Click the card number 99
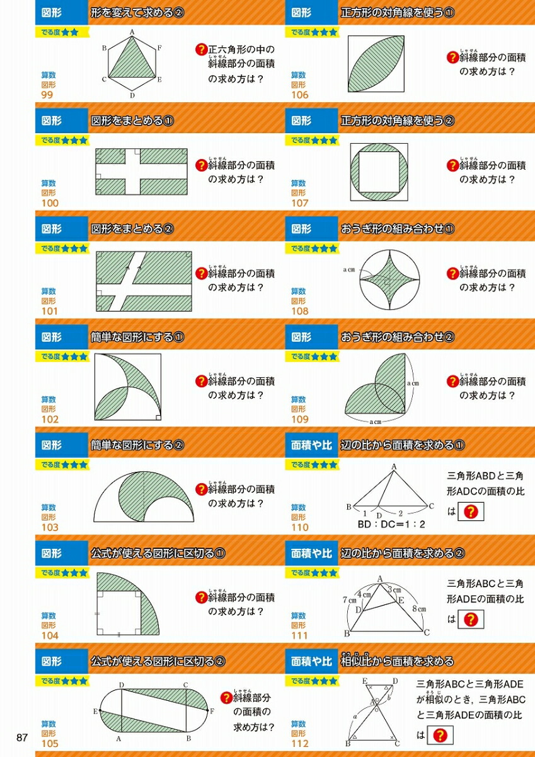tap(47, 95)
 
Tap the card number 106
tap(300, 95)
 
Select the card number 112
tap(300, 744)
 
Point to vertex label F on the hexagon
tap(159, 48)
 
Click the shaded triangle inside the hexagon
tap(132, 61)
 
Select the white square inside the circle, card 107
tap(379, 171)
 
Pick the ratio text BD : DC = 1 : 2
tap(390, 524)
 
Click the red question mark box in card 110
tap(470, 512)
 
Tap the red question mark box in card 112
tap(441, 736)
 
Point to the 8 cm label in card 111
tap(419, 609)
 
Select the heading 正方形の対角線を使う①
tap(398, 13)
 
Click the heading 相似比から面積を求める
tap(397, 661)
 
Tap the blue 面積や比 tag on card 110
tap(311, 445)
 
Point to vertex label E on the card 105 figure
tap(95, 712)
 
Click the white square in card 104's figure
tap(118, 614)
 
